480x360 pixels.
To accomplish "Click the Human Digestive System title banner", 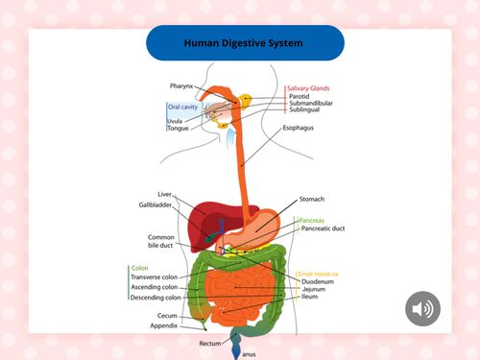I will (x=244, y=43).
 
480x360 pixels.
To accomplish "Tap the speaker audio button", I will (x=422, y=308).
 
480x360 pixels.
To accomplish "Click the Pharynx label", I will (x=182, y=86).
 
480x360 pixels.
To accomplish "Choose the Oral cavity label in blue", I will (x=182, y=108).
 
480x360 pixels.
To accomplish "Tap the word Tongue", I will (x=178, y=128).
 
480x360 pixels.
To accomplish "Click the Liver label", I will (x=164, y=194).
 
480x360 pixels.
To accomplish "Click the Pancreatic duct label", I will (x=324, y=228).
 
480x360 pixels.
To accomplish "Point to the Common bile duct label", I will (x=159, y=241).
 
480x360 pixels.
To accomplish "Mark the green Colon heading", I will (x=139, y=268).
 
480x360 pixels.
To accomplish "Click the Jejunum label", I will (x=314, y=288).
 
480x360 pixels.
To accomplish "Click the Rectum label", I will (x=210, y=342).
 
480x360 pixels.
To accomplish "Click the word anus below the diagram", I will (x=249, y=354).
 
